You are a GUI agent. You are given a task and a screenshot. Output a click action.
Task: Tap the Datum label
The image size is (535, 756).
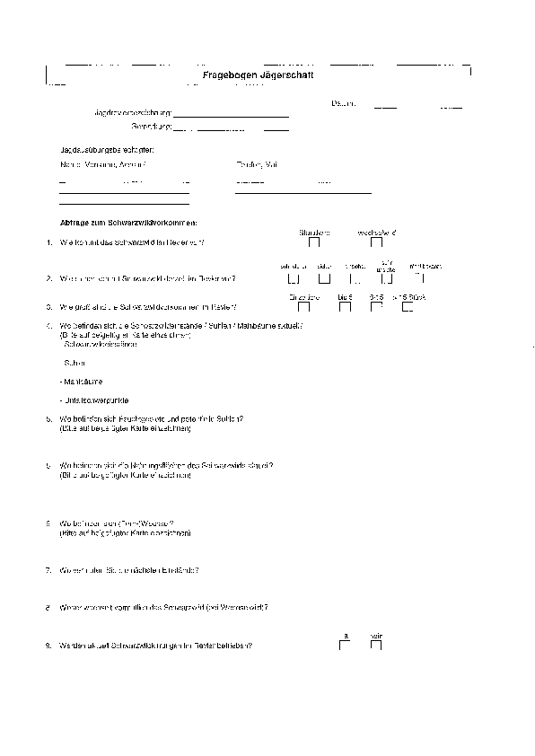(344, 104)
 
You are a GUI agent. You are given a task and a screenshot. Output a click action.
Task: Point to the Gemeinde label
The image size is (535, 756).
(150, 127)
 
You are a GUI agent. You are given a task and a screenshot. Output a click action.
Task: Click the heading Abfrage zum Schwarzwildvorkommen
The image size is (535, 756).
(127, 222)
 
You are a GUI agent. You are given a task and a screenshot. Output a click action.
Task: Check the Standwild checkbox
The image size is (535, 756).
(314, 242)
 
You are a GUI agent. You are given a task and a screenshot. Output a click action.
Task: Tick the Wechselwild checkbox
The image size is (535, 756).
(377, 242)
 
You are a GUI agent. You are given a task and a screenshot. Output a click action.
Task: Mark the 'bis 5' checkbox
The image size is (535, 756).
(345, 306)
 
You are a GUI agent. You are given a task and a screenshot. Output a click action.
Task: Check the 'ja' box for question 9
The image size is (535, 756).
(345, 646)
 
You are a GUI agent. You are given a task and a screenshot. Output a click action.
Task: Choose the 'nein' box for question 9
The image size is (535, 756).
(377, 646)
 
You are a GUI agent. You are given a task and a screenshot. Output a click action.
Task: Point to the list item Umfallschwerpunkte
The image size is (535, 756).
(92, 399)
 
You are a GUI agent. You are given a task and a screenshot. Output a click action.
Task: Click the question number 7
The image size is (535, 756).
(47, 570)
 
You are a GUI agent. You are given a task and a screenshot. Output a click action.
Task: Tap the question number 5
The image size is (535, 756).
(47, 419)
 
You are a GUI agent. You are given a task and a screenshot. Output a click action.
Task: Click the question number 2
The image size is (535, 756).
(47, 278)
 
